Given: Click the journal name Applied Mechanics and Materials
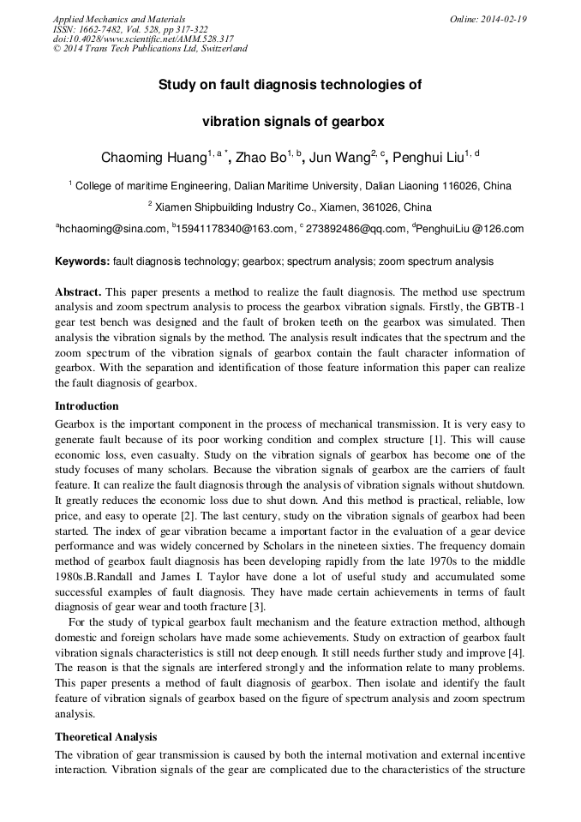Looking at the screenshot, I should tap(119, 19).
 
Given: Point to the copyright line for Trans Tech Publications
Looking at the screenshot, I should tap(150, 49).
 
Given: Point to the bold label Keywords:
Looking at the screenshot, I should tap(82, 261).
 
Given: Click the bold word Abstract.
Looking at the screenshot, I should tap(79, 292).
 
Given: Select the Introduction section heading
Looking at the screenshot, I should tap(87, 405).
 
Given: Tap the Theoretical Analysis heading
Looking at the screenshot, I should tap(106, 736).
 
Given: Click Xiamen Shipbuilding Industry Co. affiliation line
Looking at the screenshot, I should tap(290, 207).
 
